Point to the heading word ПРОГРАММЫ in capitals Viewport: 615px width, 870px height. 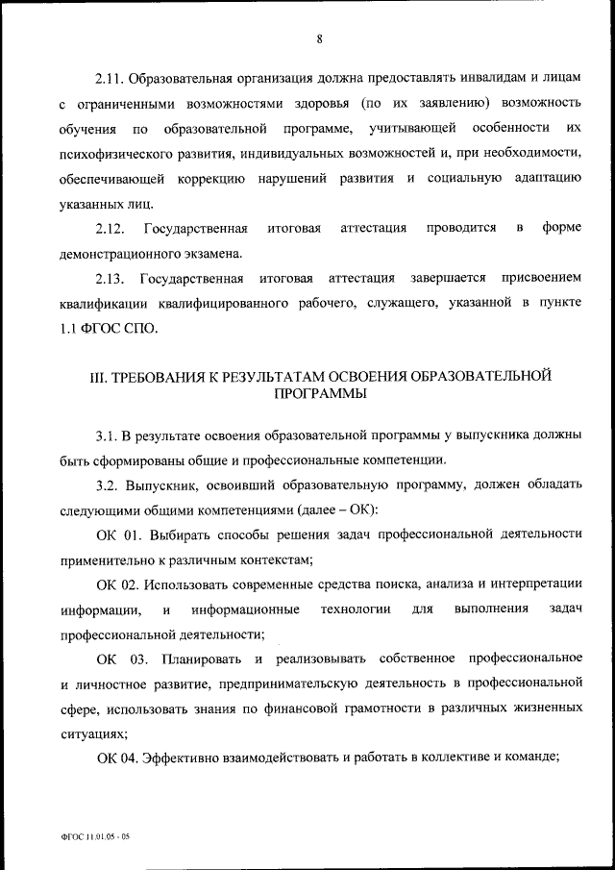coord(318,394)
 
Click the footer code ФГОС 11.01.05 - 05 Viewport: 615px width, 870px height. coord(93,837)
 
